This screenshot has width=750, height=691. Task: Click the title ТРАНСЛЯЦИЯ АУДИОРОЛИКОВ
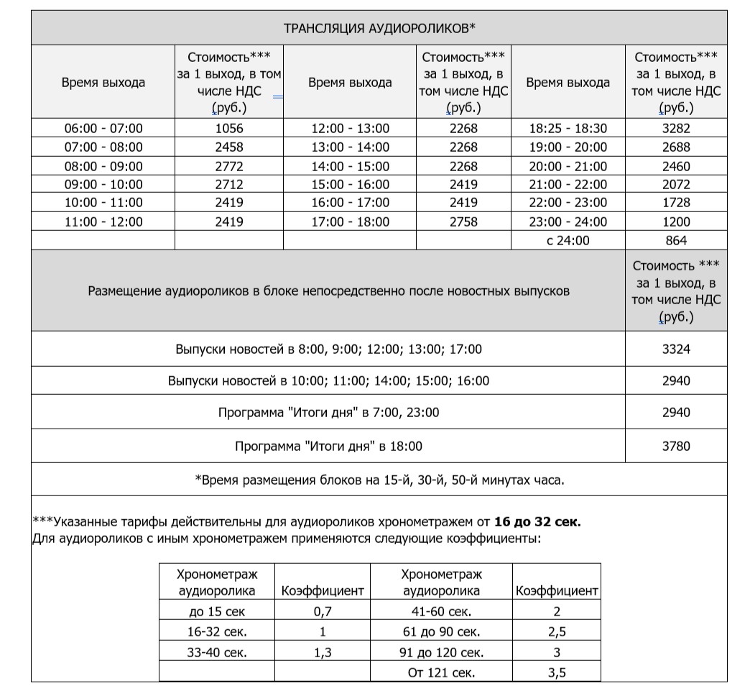pyautogui.click(x=379, y=29)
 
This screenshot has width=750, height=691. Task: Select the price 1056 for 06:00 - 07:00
pyautogui.click(x=229, y=129)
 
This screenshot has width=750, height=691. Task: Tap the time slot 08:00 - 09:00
pyautogui.click(x=103, y=166)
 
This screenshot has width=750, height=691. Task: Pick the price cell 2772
pyautogui.click(x=229, y=166)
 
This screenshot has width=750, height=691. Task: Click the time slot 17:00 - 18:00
pyautogui.click(x=350, y=222)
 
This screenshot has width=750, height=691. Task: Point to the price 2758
pyautogui.click(x=463, y=222)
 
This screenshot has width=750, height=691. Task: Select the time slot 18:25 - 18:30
pyautogui.click(x=568, y=129)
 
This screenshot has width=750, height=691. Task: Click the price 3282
pyautogui.click(x=675, y=129)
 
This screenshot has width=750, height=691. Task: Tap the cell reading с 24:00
pyautogui.click(x=568, y=241)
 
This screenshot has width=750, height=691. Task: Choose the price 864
pyautogui.click(x=675, y=241)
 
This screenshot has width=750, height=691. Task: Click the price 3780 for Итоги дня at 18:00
pyautogui.click(x=675, y=447)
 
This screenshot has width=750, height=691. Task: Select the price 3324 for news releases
pyautogui.click(x=675, y=350)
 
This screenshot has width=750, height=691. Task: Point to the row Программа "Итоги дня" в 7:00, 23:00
pyautogui.click(x=328, y=413)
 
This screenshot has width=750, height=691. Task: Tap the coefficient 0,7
pyautogui.click(x=322, y=613)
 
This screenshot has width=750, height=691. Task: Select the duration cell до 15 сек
pyautogui.click(x=216, y=613)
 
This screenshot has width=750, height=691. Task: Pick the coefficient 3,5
pyautogui.click(x=557, y=673)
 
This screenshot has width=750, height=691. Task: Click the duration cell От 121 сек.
pyautogui.click(x=441, y=673)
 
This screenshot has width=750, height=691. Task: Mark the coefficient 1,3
pyautogui.click(x=322, y=654)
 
